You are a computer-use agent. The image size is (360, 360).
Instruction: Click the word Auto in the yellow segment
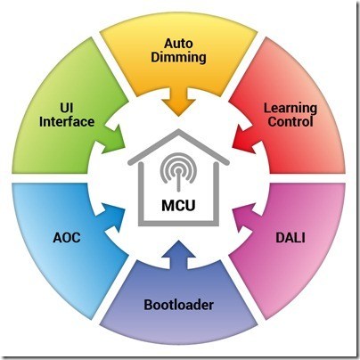click(x=178, y=44)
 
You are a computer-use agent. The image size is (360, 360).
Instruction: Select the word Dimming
click(x=178, y=57)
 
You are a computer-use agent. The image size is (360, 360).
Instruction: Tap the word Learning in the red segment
click(x=290, y=109)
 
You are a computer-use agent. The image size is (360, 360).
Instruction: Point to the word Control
click(x=290, y=121)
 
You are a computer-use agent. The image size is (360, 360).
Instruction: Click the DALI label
click(x=290, y=238)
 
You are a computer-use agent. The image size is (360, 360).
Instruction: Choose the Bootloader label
click(x=179, y=305)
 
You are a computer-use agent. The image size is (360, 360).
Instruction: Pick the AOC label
click(x=67, y=238)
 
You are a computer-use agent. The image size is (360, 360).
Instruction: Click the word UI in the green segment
click(x=67, y=108)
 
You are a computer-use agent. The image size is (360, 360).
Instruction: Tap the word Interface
click(x=67, y=121)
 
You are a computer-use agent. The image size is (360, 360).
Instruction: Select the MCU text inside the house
click(x=178, y=205)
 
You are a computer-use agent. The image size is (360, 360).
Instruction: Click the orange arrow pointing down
click(x=178, y=101)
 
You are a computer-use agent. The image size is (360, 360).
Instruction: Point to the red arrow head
click(x=244, y=138)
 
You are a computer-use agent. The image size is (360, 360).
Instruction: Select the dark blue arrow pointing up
click(x=179, y=255)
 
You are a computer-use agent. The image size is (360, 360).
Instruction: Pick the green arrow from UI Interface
click(x=113, y=139)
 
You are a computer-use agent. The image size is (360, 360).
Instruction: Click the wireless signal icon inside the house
click(x=178, y=171)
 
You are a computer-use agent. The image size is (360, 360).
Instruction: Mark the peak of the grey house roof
click(x=178, y=131)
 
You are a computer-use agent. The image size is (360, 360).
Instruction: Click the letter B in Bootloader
click(x=148, y=305)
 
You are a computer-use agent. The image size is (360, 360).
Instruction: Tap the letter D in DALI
click(x=280, y=238)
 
